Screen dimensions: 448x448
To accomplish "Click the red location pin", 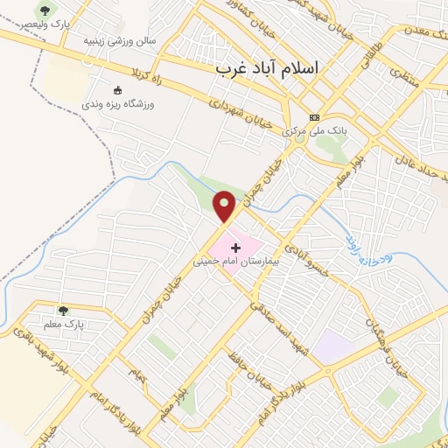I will coord(225,206).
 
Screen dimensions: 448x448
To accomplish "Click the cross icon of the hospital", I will coord(235,248).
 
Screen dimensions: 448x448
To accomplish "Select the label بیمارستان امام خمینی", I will coord(240,262).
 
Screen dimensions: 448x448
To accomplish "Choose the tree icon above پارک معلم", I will coord(62,310).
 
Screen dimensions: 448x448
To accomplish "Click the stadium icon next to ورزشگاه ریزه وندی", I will coord(119,89).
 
